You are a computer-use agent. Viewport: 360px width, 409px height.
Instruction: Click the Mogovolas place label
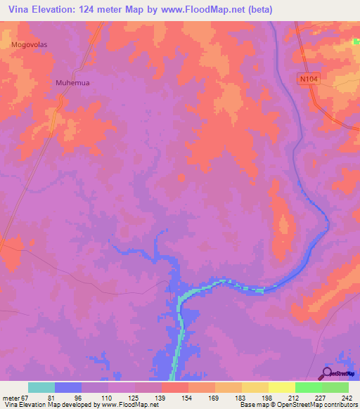30,44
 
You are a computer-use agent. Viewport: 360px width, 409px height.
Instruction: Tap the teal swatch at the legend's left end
41,387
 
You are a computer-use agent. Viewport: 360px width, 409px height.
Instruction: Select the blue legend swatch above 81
68,387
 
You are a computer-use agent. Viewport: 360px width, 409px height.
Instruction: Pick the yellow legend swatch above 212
281,387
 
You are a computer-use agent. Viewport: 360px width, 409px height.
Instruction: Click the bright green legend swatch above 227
308,387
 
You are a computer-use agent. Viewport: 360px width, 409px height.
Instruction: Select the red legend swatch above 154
175,387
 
